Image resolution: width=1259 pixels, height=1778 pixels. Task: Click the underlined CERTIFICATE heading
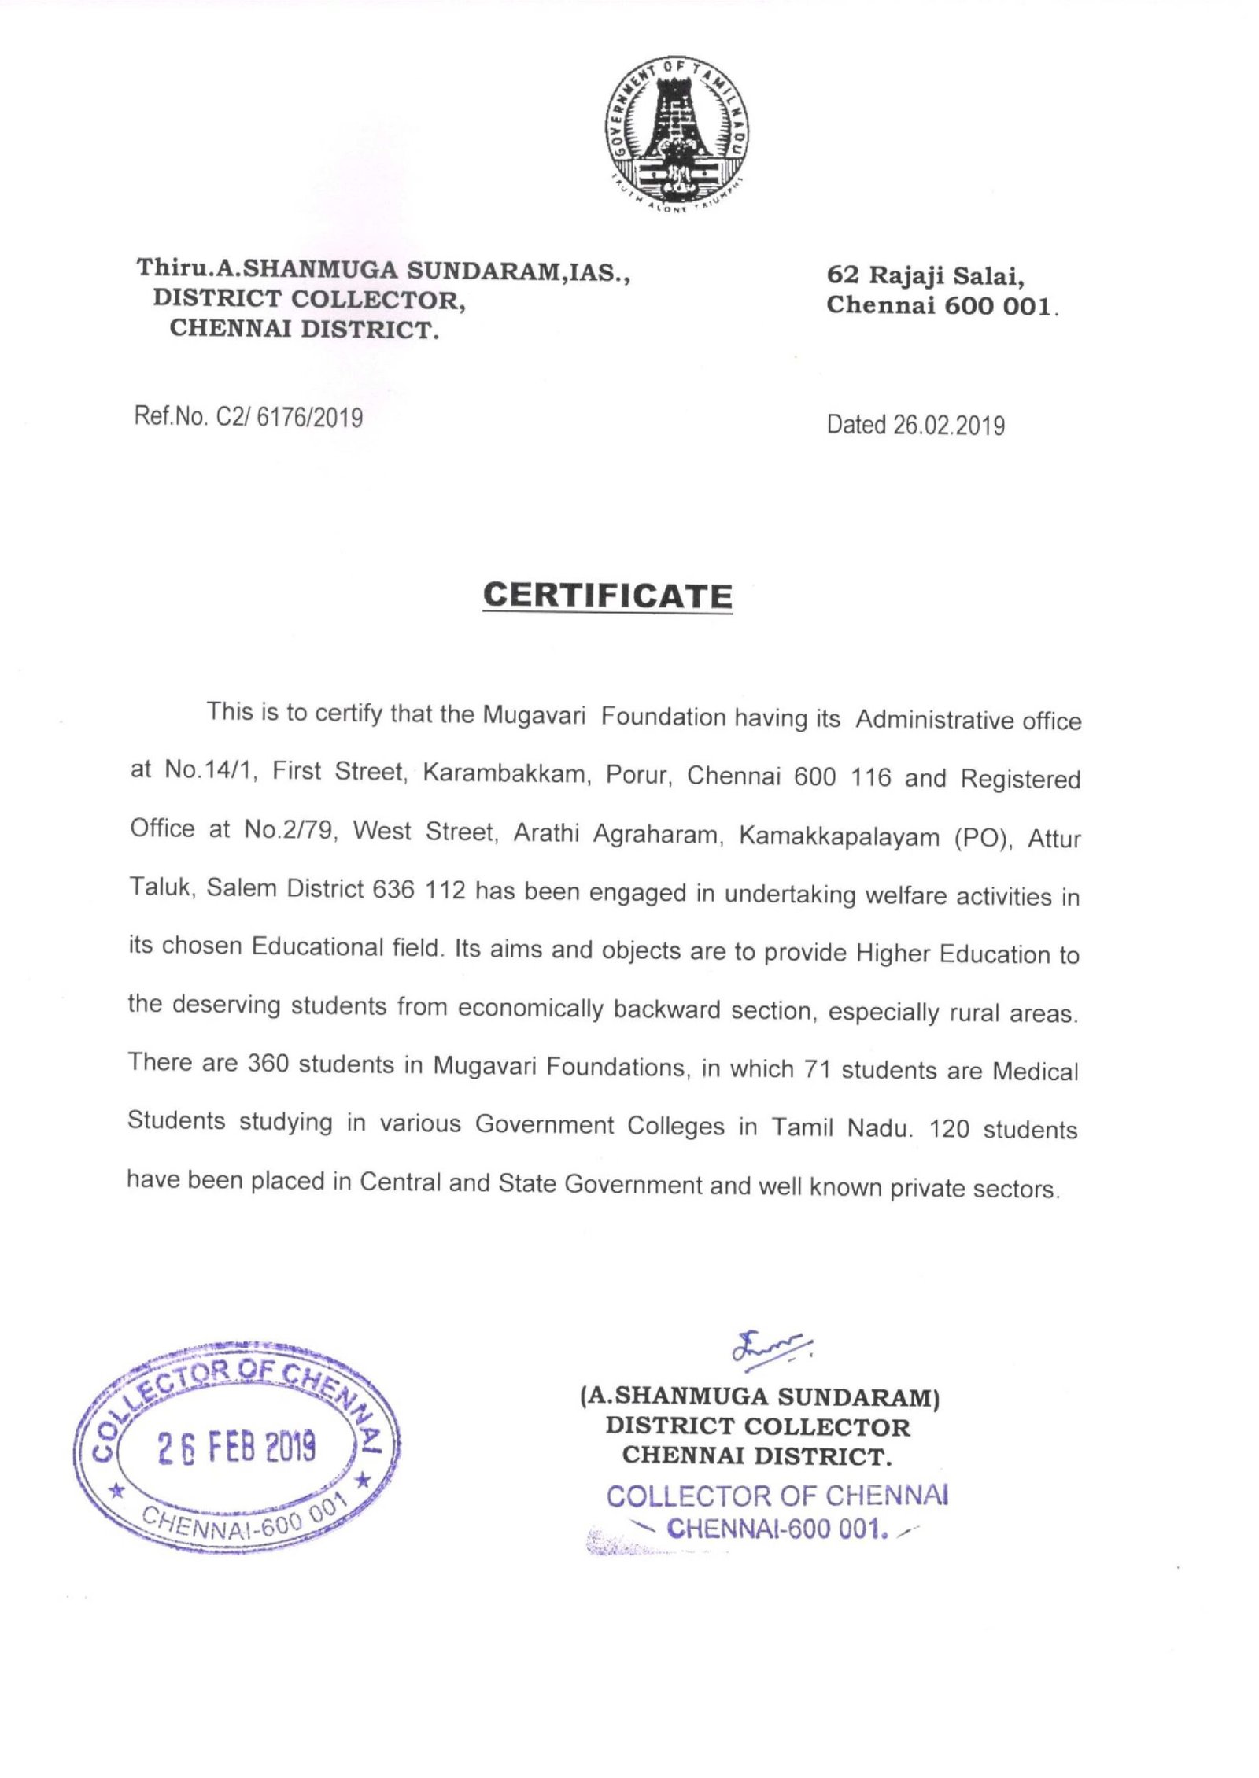(x=607, y=596)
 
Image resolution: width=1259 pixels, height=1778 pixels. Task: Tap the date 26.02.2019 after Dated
(x=948, y=426)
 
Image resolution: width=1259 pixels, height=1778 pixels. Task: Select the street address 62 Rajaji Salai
(x=925, y=275)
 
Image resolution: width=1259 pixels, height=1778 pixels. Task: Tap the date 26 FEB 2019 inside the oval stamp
(x=236, y=1446)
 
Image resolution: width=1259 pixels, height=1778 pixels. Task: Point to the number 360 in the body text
(x=268, y=1064)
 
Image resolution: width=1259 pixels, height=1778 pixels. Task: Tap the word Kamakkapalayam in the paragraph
(x=839, y=836)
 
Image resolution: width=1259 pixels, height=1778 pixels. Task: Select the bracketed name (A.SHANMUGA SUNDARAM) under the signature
(x=759, y=1396)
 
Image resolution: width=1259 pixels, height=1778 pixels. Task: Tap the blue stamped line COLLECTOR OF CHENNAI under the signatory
(x=777, y=1496)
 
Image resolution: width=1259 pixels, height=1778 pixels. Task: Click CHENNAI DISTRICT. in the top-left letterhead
(x=304, y=329)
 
